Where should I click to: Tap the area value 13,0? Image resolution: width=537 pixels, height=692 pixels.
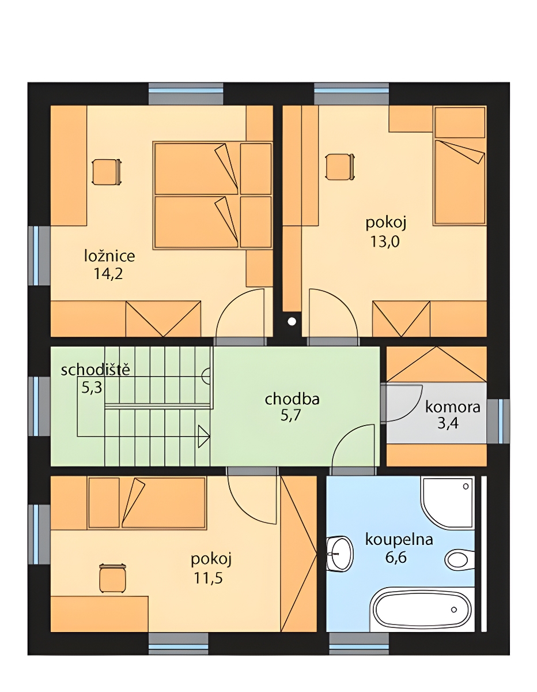[x=385, y=242]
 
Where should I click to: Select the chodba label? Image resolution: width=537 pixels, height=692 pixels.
[x=292, y=399]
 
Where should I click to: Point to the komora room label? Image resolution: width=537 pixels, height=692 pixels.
[x=453, y=407]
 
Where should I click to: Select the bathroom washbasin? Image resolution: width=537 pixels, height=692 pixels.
[x=340, y=554]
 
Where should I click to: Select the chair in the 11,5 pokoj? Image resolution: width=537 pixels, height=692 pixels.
[x=112, y=578]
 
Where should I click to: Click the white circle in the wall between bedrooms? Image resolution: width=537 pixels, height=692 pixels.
[x=292, y=321]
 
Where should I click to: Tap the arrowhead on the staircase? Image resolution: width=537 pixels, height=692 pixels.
[x=204, y=436]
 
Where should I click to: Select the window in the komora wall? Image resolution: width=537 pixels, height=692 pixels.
[x=498, y=421]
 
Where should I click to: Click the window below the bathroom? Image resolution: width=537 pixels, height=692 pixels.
[x=359, y=642]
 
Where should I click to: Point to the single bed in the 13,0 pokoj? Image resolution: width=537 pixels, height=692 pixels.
[x=460, y=166]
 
